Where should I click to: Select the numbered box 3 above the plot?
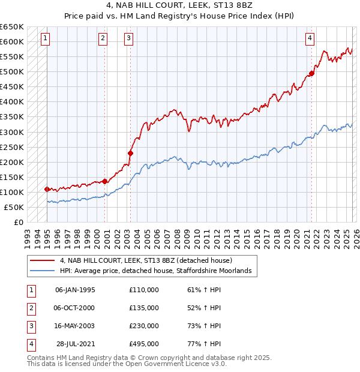129,38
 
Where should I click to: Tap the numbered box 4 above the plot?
310,38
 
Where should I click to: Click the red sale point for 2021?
311,74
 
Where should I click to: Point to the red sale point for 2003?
130,153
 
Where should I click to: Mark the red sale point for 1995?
47,189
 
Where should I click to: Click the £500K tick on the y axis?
11,72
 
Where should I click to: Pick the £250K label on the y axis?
11,147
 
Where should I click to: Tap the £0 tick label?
19,222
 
